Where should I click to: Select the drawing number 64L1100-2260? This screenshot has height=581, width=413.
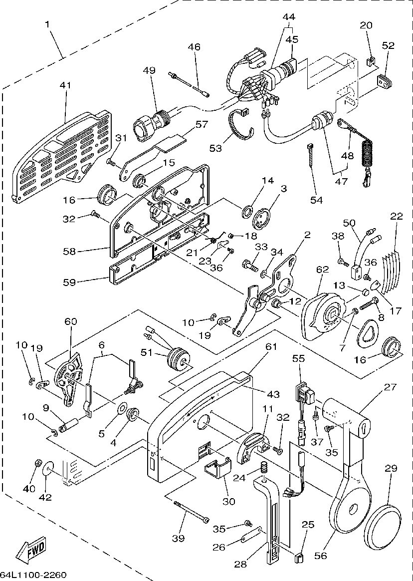pyautogui.click(x=33, y=575)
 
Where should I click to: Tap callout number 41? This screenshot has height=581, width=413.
pyautogui.click(x=65, y=85)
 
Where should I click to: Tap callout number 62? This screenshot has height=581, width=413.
pyautogui.click(x=323, y=270)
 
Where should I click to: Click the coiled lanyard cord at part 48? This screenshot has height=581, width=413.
pyautogui.click(x=367, y=152)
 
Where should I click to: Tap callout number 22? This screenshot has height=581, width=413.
pyautogui.click(x=397, y=216)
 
